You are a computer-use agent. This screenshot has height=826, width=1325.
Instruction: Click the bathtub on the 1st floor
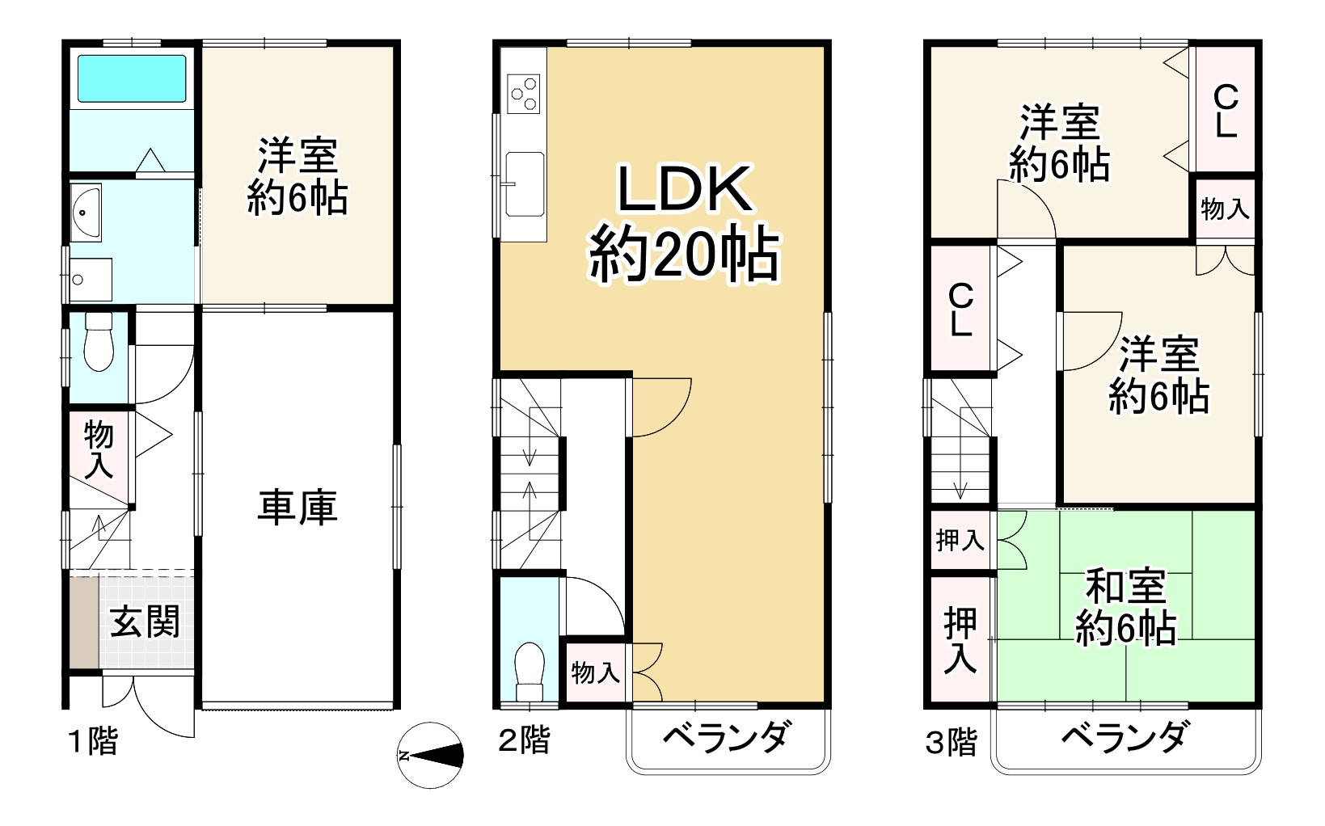(x=131, y=78)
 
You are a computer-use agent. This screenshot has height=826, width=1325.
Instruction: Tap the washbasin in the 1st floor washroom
(x=85, y=213)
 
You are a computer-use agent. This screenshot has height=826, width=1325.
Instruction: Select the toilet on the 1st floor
(x=99, y=343)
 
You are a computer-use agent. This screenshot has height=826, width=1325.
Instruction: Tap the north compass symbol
(x=432, y=756)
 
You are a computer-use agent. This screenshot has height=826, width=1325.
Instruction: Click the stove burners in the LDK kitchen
(x=523, y=93)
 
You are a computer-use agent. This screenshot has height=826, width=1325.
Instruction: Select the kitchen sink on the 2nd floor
(x=524, y=183)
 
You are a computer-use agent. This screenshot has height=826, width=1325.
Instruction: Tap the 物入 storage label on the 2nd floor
(x=596, y=672)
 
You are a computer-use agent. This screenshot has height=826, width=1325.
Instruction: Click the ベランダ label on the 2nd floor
(x=727, y=737)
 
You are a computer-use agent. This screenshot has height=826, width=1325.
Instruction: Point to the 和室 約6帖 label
(x=1125, y=607)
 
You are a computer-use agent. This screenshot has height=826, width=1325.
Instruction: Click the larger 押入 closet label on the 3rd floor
(x=960, y=640)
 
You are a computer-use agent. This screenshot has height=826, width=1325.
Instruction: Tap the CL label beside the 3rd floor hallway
(x=960, y=310)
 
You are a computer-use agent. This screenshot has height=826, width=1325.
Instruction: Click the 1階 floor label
(x=94, y=741)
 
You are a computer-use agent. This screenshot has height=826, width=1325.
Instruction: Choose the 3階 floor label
(x=952, y=741)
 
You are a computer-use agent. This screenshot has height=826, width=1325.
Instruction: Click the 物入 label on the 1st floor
(x=99, y=450)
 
